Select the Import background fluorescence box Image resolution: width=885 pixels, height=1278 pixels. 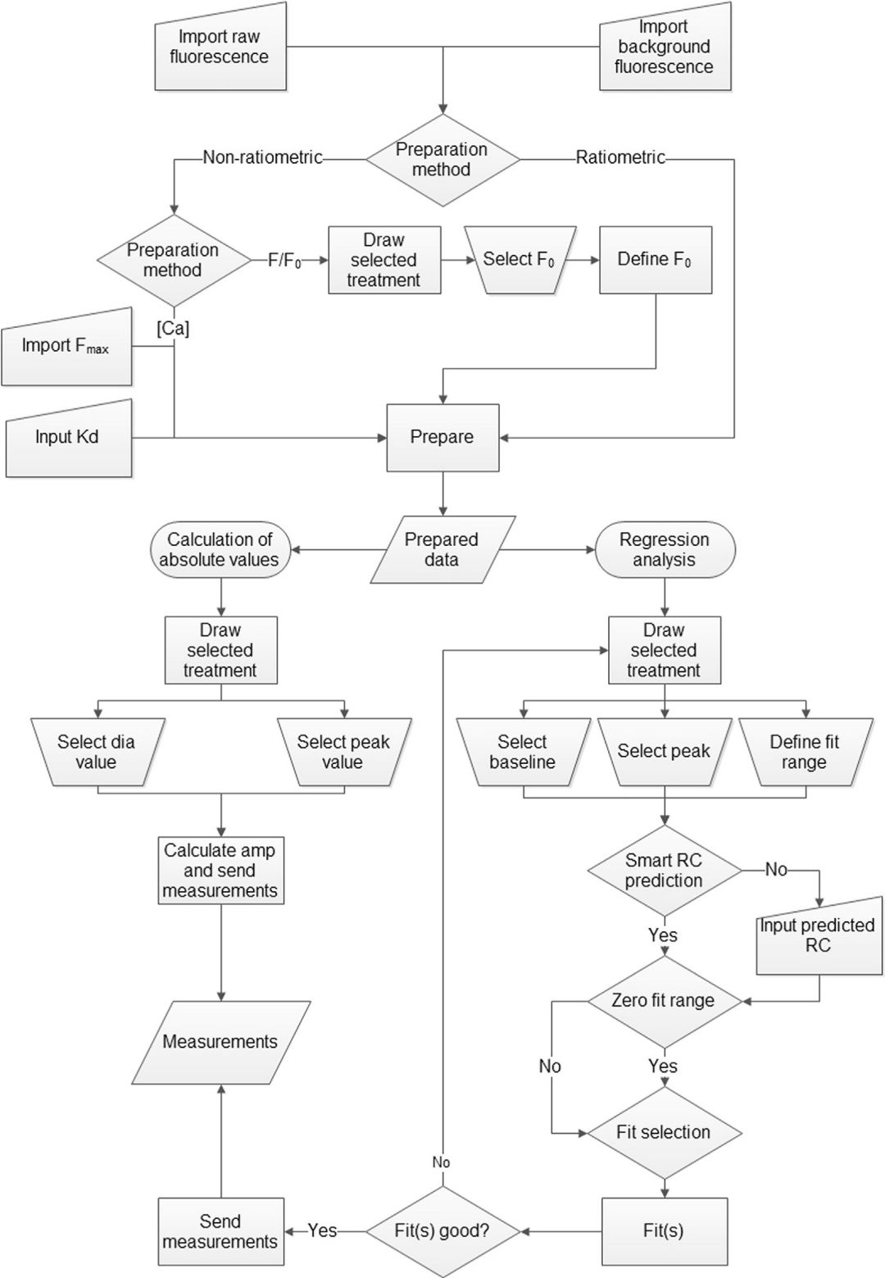[x=664, y=47]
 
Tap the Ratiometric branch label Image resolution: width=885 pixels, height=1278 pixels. [x=620, y=157]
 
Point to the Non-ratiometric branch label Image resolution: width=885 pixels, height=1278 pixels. [x=262, y=157]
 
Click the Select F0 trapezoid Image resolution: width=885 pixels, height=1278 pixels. [x=518, y=260]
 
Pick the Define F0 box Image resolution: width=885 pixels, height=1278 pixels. [x=655, y=260]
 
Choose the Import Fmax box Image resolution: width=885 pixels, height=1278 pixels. [x=66, y=346]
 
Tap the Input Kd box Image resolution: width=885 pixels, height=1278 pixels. [x=68, y=437]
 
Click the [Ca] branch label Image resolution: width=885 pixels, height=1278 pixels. [x=173, y=329]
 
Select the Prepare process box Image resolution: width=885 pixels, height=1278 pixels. [x=442, y=437]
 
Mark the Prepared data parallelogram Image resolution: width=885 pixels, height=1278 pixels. [x=442, y=549]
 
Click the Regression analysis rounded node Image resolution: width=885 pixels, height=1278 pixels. [x=664, y=549]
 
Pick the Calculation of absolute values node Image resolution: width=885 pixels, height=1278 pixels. [x=220, y=549]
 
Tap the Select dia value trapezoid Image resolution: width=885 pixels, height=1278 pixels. [x=97, y=752]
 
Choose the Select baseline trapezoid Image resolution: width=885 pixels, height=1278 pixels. [x=523, y=752]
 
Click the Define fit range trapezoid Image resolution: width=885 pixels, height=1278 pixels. [x=804, y=752]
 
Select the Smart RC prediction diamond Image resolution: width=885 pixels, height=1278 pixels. [x=664, y=870]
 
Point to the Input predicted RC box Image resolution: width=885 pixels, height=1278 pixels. [x=817, y=935]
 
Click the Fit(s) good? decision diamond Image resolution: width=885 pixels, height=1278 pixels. [x=442, y=1230]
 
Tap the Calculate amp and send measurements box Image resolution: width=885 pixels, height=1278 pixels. [x=220, y=870]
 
